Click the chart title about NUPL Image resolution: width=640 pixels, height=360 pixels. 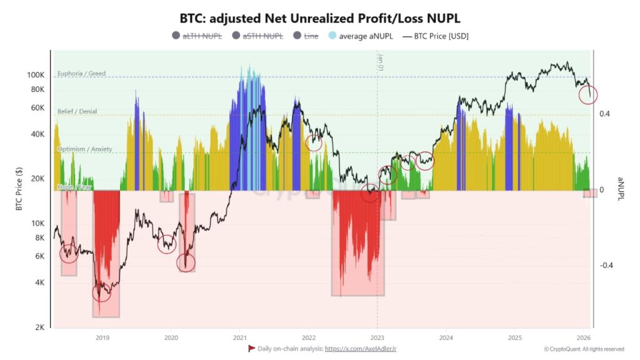coord(319,18)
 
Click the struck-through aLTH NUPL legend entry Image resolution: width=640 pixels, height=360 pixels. coord(202,36)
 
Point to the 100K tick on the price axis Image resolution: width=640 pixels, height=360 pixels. coord(36,74)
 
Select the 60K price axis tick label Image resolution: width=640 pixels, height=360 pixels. coord(37,107)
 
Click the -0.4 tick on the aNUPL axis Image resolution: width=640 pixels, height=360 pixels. coord(606,266)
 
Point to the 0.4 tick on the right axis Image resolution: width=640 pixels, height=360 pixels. coord(604,114)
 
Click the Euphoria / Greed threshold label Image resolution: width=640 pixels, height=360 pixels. coord(81,74)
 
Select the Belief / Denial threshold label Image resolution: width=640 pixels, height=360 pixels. coord(78,111)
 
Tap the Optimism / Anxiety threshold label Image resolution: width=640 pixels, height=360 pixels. coord(84,149)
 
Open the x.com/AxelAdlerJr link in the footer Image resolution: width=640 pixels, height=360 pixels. coord(361,349)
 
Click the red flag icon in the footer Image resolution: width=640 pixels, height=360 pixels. coord(251,348)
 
